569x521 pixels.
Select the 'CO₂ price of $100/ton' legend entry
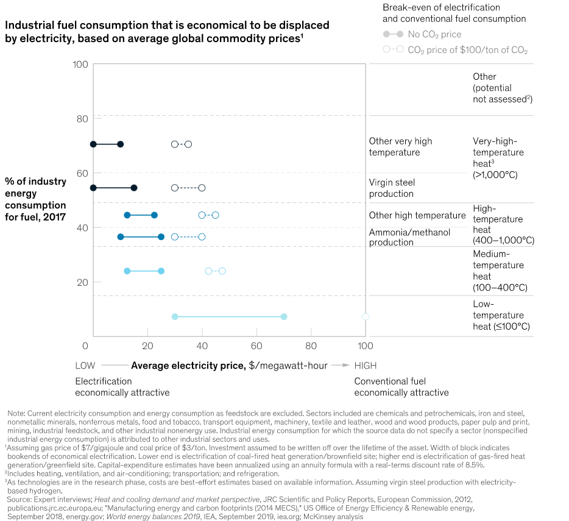point(467,50)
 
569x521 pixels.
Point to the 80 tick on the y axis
point(82,119)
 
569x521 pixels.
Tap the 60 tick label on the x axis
point(256,346)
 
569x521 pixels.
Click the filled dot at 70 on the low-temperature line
point(284,317)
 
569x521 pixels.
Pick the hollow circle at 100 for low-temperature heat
point(366,317)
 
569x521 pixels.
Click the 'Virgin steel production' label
point(391,188)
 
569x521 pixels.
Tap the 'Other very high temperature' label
point(400,146)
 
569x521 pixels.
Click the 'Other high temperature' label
point(417,215)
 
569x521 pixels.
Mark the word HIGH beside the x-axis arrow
point(366,366)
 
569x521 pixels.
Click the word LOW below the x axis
point(85,366)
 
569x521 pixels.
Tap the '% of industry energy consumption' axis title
point(35,199)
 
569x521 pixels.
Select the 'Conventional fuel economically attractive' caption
point(401,386)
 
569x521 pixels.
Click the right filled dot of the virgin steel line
point(134,188)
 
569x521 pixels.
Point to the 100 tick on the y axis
point(80,65)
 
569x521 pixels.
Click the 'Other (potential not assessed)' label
point(498,87)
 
